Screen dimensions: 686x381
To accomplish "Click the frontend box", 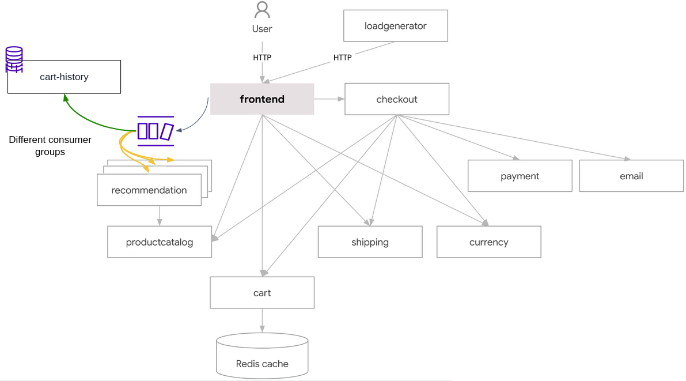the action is [262, 99].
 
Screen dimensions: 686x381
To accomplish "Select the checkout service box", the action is [397, 99].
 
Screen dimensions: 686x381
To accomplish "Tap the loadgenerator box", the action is [396, 26].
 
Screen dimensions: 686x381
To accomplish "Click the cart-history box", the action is [65, 77].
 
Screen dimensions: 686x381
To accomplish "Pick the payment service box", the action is [520, 176].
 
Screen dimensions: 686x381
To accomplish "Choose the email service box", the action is [631, 176].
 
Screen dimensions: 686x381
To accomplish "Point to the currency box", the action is [488, 242].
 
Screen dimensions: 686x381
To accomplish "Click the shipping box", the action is [370, 242].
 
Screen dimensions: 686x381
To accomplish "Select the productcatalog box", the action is [160, 242].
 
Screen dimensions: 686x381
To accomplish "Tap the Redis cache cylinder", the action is [262, 356].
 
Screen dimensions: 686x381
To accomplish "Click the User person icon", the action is [262, 10].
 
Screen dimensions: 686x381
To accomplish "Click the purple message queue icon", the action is [156, 131].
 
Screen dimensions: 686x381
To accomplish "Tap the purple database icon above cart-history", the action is [14, 59].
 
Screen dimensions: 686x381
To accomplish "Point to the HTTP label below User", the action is [262, 58].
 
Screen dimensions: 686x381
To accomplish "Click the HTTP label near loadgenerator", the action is [342, 58].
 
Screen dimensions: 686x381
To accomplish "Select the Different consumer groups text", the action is [50, 145].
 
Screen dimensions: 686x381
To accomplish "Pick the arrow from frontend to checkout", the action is [329, 99].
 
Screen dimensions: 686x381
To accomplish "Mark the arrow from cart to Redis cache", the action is [262, 320].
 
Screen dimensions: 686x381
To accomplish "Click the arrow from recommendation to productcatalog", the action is [160, 216].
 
